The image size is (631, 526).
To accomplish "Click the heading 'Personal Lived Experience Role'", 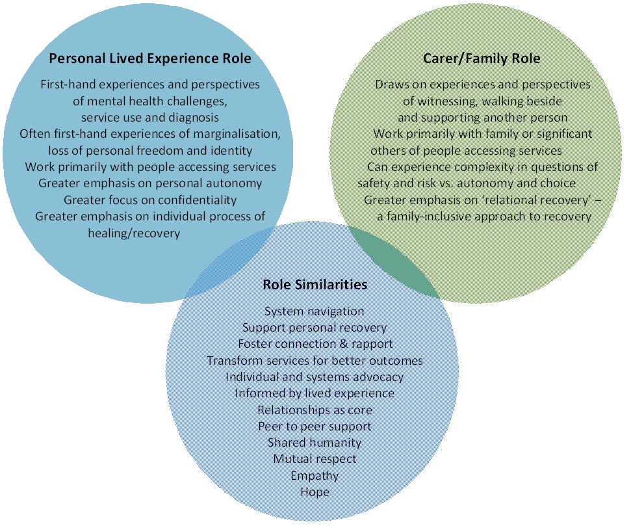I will click(x=150, y=59).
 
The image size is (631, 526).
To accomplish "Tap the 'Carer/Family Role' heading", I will click(x=482, y=59).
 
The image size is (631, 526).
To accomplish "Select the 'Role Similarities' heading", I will click(x=315, y=285).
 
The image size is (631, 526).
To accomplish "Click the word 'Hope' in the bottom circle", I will click(x=315, y=492).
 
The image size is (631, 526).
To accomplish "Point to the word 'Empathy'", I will click(x=315, y=475).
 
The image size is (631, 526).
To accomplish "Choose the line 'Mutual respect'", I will click(x=315, y=459).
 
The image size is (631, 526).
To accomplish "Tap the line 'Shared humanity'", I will click(x=315, y=443).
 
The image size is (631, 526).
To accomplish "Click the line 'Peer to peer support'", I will click(x=315, y=427).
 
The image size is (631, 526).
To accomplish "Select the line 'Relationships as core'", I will click(x=315, y=410).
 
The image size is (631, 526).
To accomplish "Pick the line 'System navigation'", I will click(x=315, y=311).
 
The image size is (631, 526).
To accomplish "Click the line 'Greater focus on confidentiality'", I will click(x=150, y=200).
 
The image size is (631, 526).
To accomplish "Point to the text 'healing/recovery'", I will click(x=134, y=233).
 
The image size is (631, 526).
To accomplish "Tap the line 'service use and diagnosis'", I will click(x=150, y=118).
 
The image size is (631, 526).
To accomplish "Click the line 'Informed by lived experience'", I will click(x=315, y=393).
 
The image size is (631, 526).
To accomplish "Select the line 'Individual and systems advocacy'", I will click(x=315, y=376).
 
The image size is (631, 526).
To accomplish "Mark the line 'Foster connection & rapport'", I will click(x=315, y=344).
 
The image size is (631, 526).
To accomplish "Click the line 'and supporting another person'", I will click(x=482, y=118).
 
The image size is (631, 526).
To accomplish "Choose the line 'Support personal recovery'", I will click(x=315, y=328).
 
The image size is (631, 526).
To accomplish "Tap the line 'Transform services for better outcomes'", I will click(x=315, y=360).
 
